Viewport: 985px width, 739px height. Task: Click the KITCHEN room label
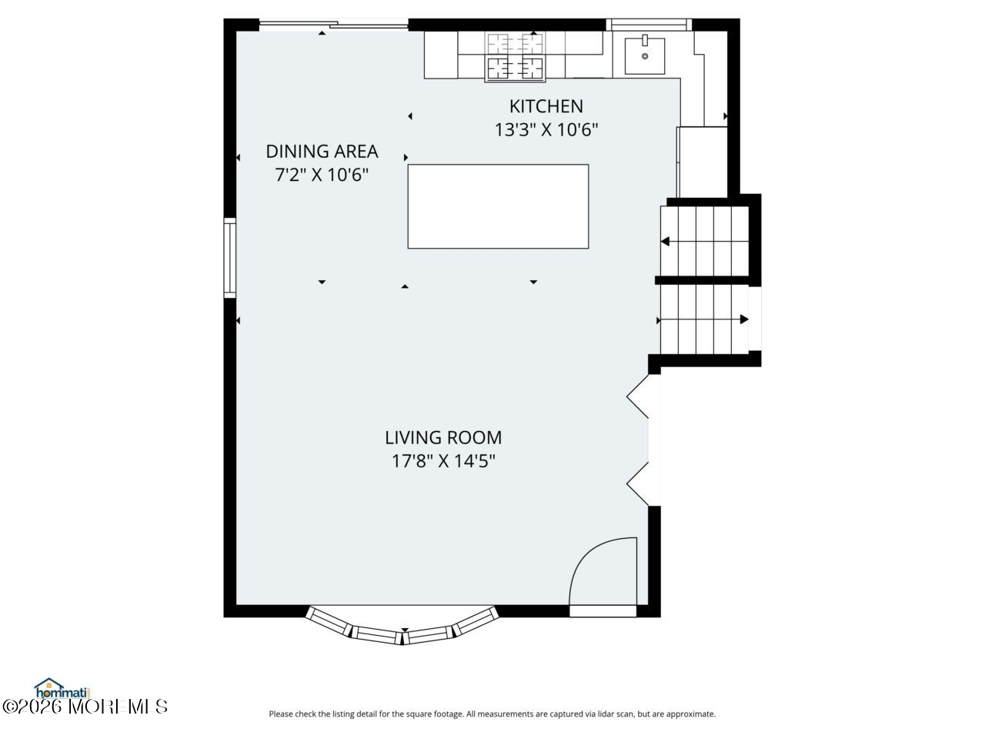tap(546, 106)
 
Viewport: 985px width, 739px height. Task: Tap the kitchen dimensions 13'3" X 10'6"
tap(546, 130)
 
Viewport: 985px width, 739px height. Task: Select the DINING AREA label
tap(322, 151)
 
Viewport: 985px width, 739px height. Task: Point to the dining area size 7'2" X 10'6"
tap(322, 175)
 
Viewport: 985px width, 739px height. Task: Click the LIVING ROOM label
tap(443, 437)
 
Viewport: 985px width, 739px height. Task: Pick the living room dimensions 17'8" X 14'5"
tap(443, 461)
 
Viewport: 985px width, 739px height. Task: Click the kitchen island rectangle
tap(498, 206)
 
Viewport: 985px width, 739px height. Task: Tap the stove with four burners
tap(515, 56)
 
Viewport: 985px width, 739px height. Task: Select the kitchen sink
tap(644, 55)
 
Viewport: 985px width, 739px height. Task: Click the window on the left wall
tap(229, 258)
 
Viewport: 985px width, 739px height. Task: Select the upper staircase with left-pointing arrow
tap(704, 242)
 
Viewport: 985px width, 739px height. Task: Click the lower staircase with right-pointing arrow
tap(704, 319)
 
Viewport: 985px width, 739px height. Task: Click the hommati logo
tap(62, 687)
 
